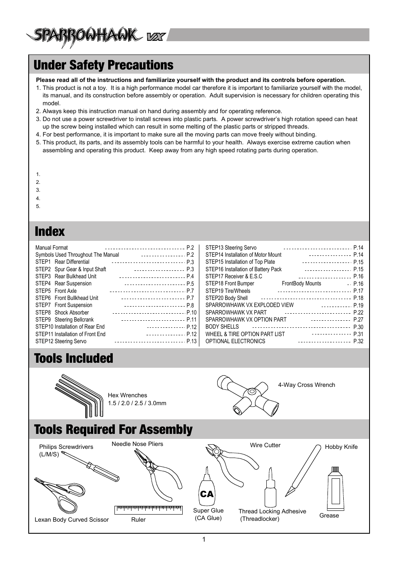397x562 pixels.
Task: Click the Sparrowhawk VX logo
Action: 96,37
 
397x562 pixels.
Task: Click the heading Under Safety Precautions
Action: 104,65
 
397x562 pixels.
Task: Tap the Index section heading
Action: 50,231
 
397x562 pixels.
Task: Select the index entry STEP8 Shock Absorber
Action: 62,312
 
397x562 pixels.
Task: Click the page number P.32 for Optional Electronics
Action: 358,342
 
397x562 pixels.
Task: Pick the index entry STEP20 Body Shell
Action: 226,298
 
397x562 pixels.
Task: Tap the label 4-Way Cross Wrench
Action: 306,385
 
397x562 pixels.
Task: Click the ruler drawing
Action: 148,510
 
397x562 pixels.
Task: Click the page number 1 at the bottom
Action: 204,540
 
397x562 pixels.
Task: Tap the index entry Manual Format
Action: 52,248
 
